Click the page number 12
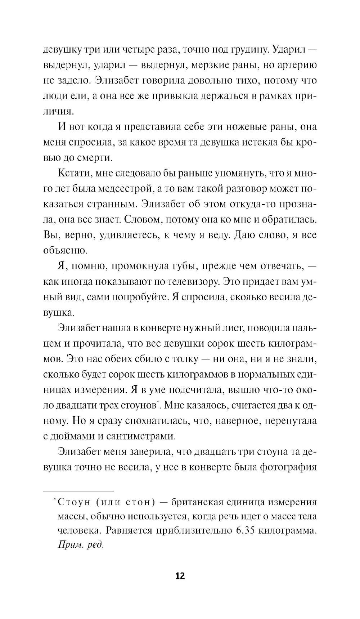pyautogui.click(x=180, y=576)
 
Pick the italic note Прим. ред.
pyautogui.click(x=80, y=545)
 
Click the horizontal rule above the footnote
pyautogui.click(x=78, y=491)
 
